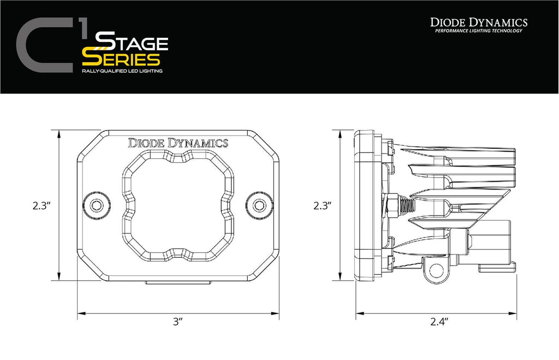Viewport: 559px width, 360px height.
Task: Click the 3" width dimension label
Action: pos(176,322)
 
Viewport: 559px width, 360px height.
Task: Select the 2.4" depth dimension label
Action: pos(438,322)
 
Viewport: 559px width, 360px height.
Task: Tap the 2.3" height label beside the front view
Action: pos(41,205)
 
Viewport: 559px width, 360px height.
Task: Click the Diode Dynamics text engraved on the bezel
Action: pos(177,143)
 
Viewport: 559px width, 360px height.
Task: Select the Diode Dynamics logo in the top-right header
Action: pos(478,22)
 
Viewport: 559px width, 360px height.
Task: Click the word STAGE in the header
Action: pos(131,43)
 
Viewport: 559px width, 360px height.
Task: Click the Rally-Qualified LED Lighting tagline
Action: pos(122,72)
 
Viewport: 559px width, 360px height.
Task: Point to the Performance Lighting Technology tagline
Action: pos(478,31)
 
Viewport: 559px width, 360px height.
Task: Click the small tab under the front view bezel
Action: pos(177,282)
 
